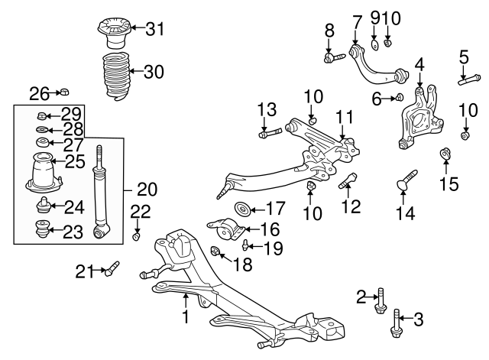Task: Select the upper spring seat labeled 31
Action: pyautogui.click(x=111, y=34)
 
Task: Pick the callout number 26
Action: pyautogui.click(x=39, y=94)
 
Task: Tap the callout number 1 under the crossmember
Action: pyautogui.click(x=184, y=315)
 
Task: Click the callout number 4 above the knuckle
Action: pyautogui.click(x=419, y=63)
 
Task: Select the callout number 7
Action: pyautogui.click(x=356, y=18)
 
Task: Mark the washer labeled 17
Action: pyautogui.click(x=241, y=208)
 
